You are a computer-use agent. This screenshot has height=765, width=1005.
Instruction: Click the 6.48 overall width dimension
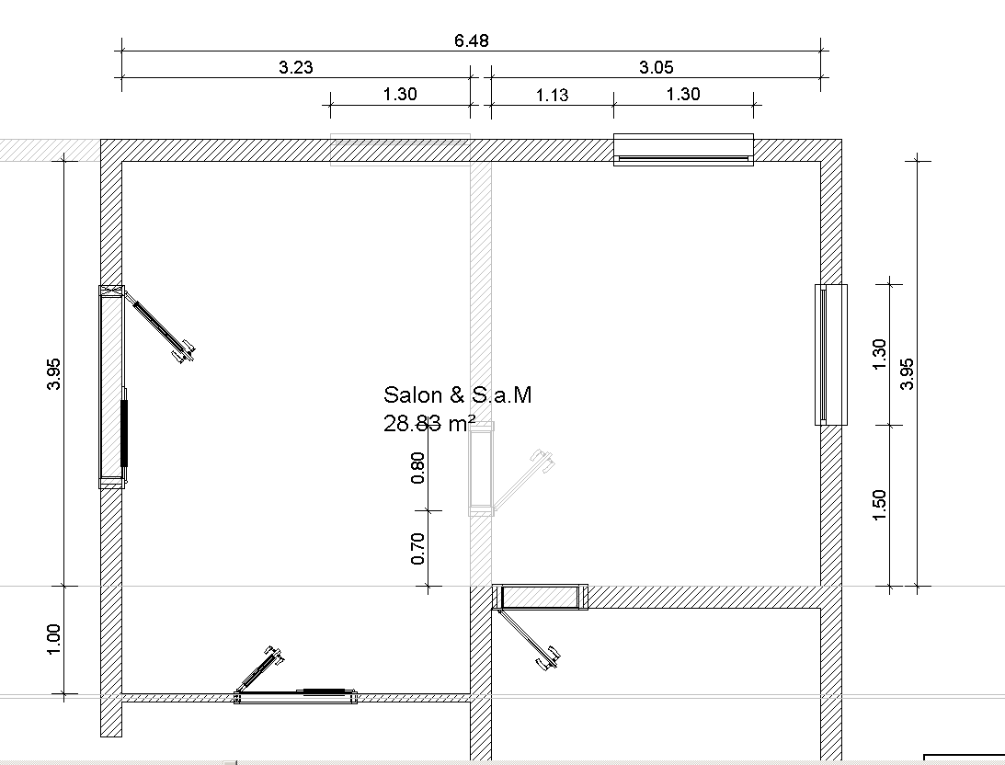click(471, 41)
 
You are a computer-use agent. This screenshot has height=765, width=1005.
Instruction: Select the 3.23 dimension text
click(295, 67)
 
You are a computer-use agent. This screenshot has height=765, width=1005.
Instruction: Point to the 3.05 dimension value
click(656, 67)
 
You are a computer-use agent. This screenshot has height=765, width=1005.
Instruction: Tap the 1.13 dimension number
click(552, 96)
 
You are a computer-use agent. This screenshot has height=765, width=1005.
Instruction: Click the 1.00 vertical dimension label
click(54, 639)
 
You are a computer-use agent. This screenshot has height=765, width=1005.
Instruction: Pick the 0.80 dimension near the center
click(417, 468)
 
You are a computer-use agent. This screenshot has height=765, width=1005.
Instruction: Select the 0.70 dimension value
click(417, 548)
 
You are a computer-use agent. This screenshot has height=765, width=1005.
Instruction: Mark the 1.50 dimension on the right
click(879, 505)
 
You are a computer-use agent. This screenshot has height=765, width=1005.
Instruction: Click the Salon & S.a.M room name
click(458, 394)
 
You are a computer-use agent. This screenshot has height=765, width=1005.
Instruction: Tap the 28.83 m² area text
click(429, 423)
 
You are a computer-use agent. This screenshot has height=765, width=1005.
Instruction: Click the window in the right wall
click(830, 354)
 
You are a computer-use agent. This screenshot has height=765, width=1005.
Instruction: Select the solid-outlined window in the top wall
click(683, 150)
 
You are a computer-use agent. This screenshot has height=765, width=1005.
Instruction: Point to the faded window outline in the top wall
click(400, 150)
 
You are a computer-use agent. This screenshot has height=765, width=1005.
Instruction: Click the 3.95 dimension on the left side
click(54, 373)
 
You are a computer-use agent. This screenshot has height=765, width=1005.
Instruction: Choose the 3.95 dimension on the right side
click(907, 373)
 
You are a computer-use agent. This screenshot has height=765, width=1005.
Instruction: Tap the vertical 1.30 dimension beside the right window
click(879, 354)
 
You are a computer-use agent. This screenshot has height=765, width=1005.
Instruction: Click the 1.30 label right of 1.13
click(682, 94)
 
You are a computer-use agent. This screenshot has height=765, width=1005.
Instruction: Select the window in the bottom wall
click(295, 697)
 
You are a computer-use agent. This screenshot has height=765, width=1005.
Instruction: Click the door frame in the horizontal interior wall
click(540, 597)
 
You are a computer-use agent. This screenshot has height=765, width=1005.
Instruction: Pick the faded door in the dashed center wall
click(481, 468)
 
